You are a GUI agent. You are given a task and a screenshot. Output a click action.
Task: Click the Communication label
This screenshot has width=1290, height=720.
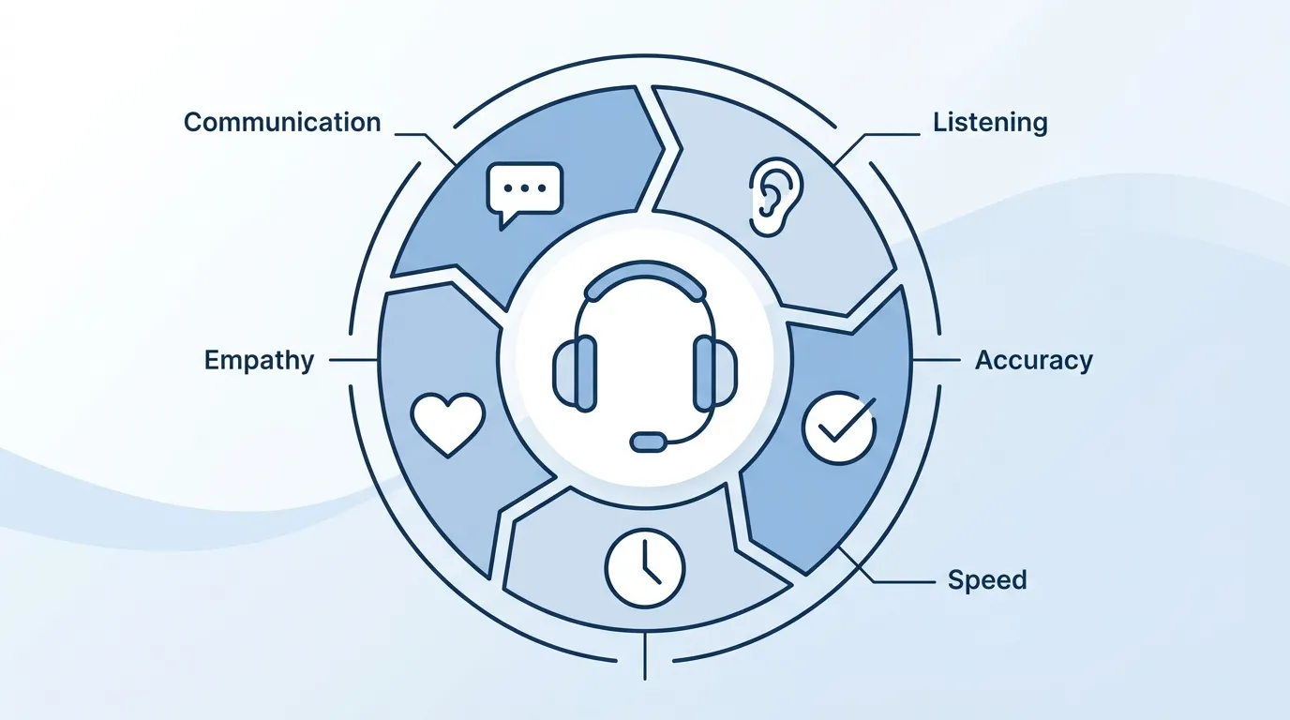pos(282,122)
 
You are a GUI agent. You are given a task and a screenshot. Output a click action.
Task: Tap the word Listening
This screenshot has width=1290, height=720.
pos(990,122)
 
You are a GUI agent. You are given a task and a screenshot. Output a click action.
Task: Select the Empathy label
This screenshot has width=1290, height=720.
pos(259,360)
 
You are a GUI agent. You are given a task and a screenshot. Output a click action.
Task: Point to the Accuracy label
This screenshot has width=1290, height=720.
pos(1033,360)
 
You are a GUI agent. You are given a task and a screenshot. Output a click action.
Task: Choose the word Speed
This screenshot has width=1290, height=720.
pos(986,579)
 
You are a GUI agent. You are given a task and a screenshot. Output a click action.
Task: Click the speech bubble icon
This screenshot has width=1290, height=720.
pos(524,193)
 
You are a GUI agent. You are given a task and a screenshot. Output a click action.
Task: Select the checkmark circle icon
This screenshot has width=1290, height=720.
pos(839,427)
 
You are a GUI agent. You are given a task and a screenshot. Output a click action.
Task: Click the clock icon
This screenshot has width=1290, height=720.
pos(645,568)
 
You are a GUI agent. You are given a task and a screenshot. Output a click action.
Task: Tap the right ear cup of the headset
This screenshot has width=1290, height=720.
pos(714,372)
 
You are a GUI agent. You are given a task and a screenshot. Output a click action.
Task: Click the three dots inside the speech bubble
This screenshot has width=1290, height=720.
pos(524,187)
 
